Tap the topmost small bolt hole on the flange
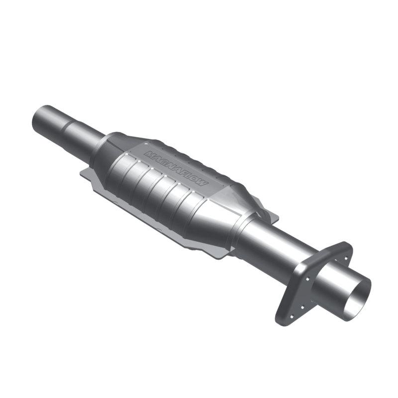coord(341,251)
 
